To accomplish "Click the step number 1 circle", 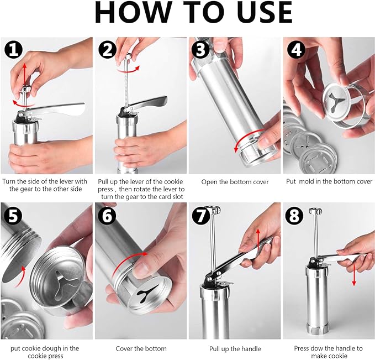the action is (13, 50).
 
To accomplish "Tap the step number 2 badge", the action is (107, 50).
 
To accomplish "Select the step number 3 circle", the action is (201, 50).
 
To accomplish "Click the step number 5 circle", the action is (13, 215).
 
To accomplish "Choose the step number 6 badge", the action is (107, 215).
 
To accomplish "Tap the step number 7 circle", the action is (201, 215).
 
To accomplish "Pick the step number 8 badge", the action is (294, 215).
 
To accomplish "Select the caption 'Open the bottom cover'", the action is (235, 182).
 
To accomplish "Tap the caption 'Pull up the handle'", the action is (235, 349).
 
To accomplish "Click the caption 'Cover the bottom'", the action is (141, 348).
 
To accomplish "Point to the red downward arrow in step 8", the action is (354, 274).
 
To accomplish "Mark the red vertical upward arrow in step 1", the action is (24, 75).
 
